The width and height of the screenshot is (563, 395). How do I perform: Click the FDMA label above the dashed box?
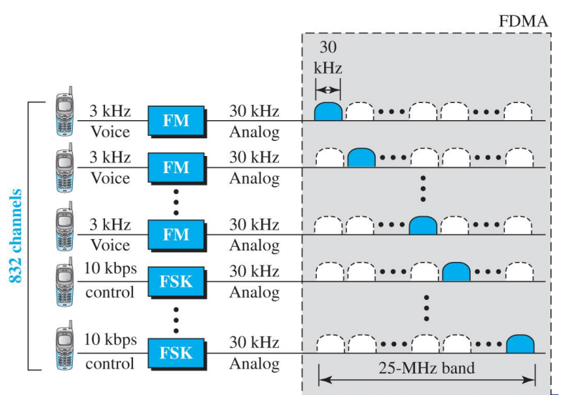[523, 21]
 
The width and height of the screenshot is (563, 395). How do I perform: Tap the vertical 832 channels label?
[14, 236]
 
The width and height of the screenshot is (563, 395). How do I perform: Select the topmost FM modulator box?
[176, 121]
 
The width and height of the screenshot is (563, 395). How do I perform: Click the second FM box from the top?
[176, 167]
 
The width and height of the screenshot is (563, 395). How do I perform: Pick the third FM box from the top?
[176, 234]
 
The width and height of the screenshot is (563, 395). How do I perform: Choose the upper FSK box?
[176, 281]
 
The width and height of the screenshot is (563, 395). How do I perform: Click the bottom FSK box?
[176, 353]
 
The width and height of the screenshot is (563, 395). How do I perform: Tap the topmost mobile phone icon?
[65, 112]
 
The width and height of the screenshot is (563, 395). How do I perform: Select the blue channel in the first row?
[328, 111]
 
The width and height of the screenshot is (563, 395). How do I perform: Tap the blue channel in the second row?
[361, 158]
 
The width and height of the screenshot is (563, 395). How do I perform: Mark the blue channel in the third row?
[423, 225]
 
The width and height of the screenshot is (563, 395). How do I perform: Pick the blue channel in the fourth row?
[456, 272]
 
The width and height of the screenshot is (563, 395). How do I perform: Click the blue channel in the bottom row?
[520, 343]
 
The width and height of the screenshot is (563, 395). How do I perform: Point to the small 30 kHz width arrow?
[328, 90]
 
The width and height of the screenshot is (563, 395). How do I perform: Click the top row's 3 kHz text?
[109, 111]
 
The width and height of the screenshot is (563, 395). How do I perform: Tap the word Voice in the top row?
[109, 132]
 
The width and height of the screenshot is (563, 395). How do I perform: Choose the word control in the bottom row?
[109, 364]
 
